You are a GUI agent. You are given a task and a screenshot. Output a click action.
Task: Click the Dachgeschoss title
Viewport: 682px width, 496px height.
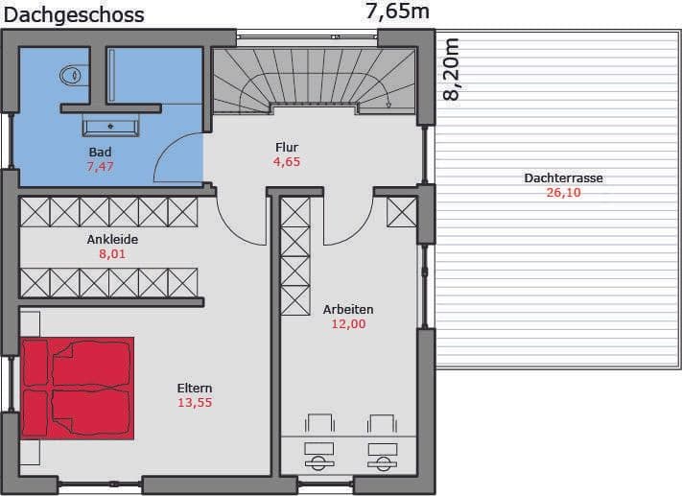point(74,15)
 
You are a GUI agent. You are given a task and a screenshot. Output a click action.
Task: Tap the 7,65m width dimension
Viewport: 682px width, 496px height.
point(397,12)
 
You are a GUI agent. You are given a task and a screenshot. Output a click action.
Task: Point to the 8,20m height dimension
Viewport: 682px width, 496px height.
point(451,69)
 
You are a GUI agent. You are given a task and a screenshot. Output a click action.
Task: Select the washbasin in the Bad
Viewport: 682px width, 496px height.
point(110,127)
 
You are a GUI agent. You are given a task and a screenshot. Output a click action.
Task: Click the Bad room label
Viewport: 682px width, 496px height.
point(100,152)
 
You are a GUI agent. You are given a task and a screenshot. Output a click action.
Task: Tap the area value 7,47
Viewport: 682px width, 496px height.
point(100,166)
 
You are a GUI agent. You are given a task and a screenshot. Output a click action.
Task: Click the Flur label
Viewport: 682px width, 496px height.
point(287,147)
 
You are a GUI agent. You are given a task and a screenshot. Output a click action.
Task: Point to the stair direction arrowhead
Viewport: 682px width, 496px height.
point(388,105)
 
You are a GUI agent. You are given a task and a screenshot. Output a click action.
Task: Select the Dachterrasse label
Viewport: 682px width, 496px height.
point(563,177)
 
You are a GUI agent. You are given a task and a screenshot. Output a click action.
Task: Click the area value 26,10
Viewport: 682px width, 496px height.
point(563,192)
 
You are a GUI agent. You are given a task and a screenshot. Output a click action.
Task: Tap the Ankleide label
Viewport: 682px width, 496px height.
point(112,239)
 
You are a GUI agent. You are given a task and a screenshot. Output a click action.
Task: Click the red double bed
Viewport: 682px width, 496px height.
point(77,389)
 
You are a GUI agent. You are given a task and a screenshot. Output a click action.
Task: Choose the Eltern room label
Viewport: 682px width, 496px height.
point(195,389)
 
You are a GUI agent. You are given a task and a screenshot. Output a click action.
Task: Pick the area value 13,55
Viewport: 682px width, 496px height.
point(195,402)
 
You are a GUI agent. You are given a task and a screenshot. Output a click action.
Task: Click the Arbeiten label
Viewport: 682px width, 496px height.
point(348,309)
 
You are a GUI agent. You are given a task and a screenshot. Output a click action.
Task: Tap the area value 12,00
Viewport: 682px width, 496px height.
point(348,323)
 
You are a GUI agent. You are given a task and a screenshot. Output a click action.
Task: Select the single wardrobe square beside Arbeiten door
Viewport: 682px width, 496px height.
point(402,212)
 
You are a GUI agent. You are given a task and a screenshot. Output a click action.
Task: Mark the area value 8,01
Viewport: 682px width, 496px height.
point(112,253)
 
